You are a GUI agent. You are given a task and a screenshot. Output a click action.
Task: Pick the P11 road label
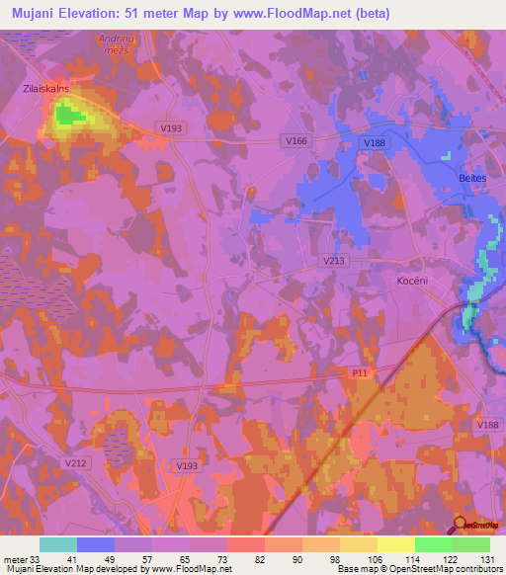358,372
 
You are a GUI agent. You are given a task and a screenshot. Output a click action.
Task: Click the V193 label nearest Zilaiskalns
171,127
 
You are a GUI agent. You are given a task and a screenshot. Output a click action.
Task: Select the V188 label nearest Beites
374,143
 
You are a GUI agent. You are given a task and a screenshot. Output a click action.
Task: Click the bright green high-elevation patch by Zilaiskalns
66,115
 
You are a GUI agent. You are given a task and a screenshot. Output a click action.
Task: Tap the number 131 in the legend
487,560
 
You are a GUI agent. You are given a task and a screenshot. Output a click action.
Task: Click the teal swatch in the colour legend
58,544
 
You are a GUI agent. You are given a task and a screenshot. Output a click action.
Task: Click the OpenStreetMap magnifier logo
461,525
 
